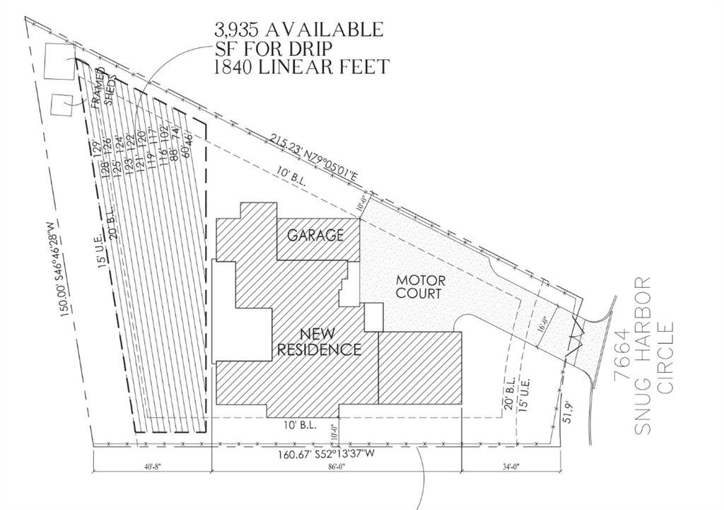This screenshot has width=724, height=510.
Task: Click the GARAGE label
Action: click(315, 235)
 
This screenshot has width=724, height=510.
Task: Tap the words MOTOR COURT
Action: click(419, 286)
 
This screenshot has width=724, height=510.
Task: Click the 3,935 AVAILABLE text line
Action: click(299, 30)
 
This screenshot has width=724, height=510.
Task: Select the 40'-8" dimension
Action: click(151, 465)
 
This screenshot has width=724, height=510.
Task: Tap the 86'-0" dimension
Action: click(336, 465)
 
